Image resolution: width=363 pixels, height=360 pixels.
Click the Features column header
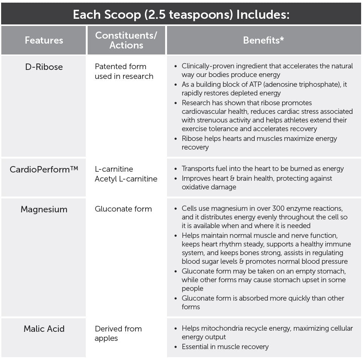[44, 40]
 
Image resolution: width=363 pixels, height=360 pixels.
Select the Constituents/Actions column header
[126, 40]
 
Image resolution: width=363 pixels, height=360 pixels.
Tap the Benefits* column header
[263, 40]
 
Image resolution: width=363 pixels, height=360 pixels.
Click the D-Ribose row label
[44, 67]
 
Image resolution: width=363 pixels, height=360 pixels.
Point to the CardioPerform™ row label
[44, 169]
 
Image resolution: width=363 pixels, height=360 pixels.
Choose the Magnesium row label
[44, 209]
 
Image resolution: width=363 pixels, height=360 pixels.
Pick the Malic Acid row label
[44, 329]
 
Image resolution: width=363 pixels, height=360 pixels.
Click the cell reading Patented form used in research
[124, 71]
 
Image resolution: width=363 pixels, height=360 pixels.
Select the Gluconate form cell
[123, 209]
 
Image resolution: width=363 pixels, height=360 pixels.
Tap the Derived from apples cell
[118, 333]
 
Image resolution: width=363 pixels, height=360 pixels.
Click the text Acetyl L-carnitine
[126, 179]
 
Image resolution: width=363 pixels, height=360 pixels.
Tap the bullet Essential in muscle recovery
[225, 346]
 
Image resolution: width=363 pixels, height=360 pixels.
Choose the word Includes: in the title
[263, 15]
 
